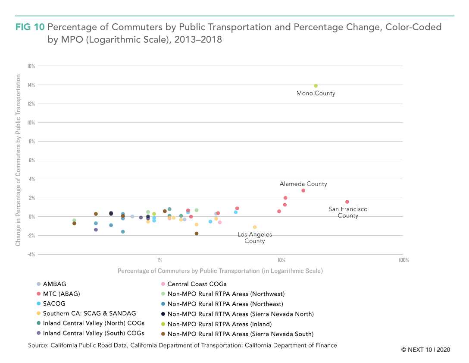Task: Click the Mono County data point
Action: (316, 86)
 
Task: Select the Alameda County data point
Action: (303, 190)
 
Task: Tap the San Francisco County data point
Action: (347, 202)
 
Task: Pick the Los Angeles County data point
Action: (255, 227)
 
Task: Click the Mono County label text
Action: (316, 93)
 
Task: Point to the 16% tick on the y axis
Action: (31, 66)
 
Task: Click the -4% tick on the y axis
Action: (31, 255)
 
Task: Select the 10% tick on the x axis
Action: (281, 260)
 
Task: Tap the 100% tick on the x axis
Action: (404, 260)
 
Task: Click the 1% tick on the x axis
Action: (160, 260)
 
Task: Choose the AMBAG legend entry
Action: (51, 284)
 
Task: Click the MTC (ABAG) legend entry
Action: (58, 294)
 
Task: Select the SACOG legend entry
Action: (51, 304)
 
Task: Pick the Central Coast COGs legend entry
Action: (194, 284)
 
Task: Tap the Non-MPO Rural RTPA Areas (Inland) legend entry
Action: (216, 324)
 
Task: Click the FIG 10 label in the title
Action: (30, 27)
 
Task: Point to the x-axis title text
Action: (220, 271)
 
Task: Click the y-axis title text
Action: (18, 160)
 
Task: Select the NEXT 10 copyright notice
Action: (425, 350)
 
